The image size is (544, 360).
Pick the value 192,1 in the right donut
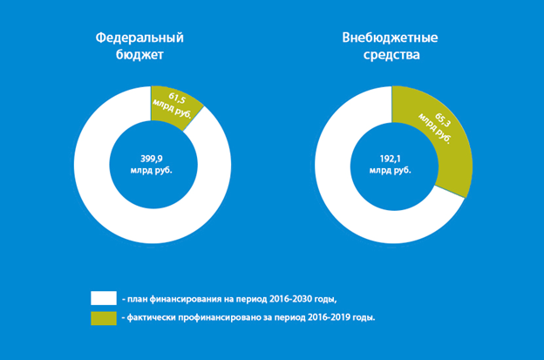point(391,158)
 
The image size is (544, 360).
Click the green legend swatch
point(103,317)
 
